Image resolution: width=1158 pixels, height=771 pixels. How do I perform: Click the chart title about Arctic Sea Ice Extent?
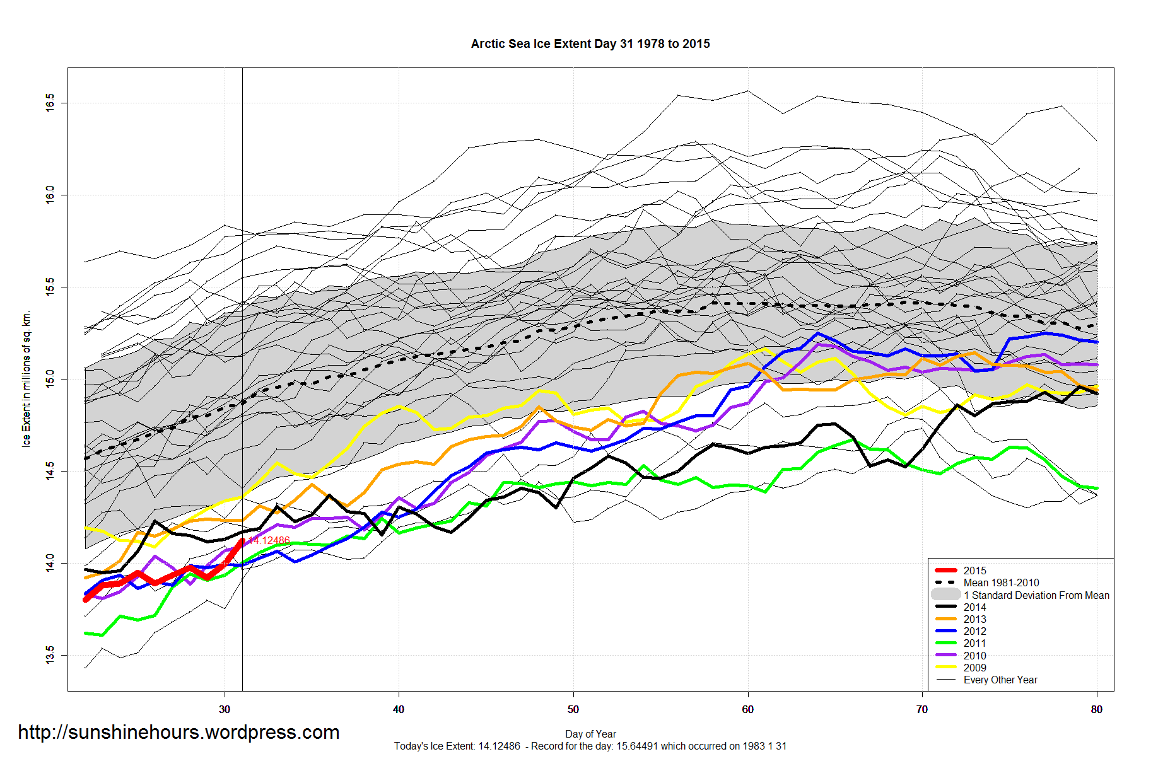tap(590, 43)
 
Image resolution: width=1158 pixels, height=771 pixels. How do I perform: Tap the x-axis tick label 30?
tap(225, 709)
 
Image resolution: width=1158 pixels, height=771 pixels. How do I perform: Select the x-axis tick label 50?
tap(573, 709)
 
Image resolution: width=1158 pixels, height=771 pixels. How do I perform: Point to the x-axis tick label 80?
tap(1096, 709)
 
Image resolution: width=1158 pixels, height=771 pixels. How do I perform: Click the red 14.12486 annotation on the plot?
tap(269, 540)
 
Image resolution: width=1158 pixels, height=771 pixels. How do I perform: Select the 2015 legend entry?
tap(974, 571)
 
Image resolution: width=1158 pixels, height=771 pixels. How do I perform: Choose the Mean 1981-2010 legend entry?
tap(1001, 583)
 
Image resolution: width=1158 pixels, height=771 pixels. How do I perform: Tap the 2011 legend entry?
tap(974, 643)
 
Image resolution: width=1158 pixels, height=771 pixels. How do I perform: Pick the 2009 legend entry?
tap(974, 668)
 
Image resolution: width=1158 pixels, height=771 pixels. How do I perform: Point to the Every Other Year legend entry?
tap(1000, 680)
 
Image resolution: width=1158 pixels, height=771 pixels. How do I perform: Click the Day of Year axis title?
tap(590, 734)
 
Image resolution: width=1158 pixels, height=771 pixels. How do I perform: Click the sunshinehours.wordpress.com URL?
tap(178, 732)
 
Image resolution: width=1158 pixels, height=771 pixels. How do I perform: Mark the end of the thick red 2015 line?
tap(242, 540)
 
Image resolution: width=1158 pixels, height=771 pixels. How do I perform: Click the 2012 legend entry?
tap(974, 631)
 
